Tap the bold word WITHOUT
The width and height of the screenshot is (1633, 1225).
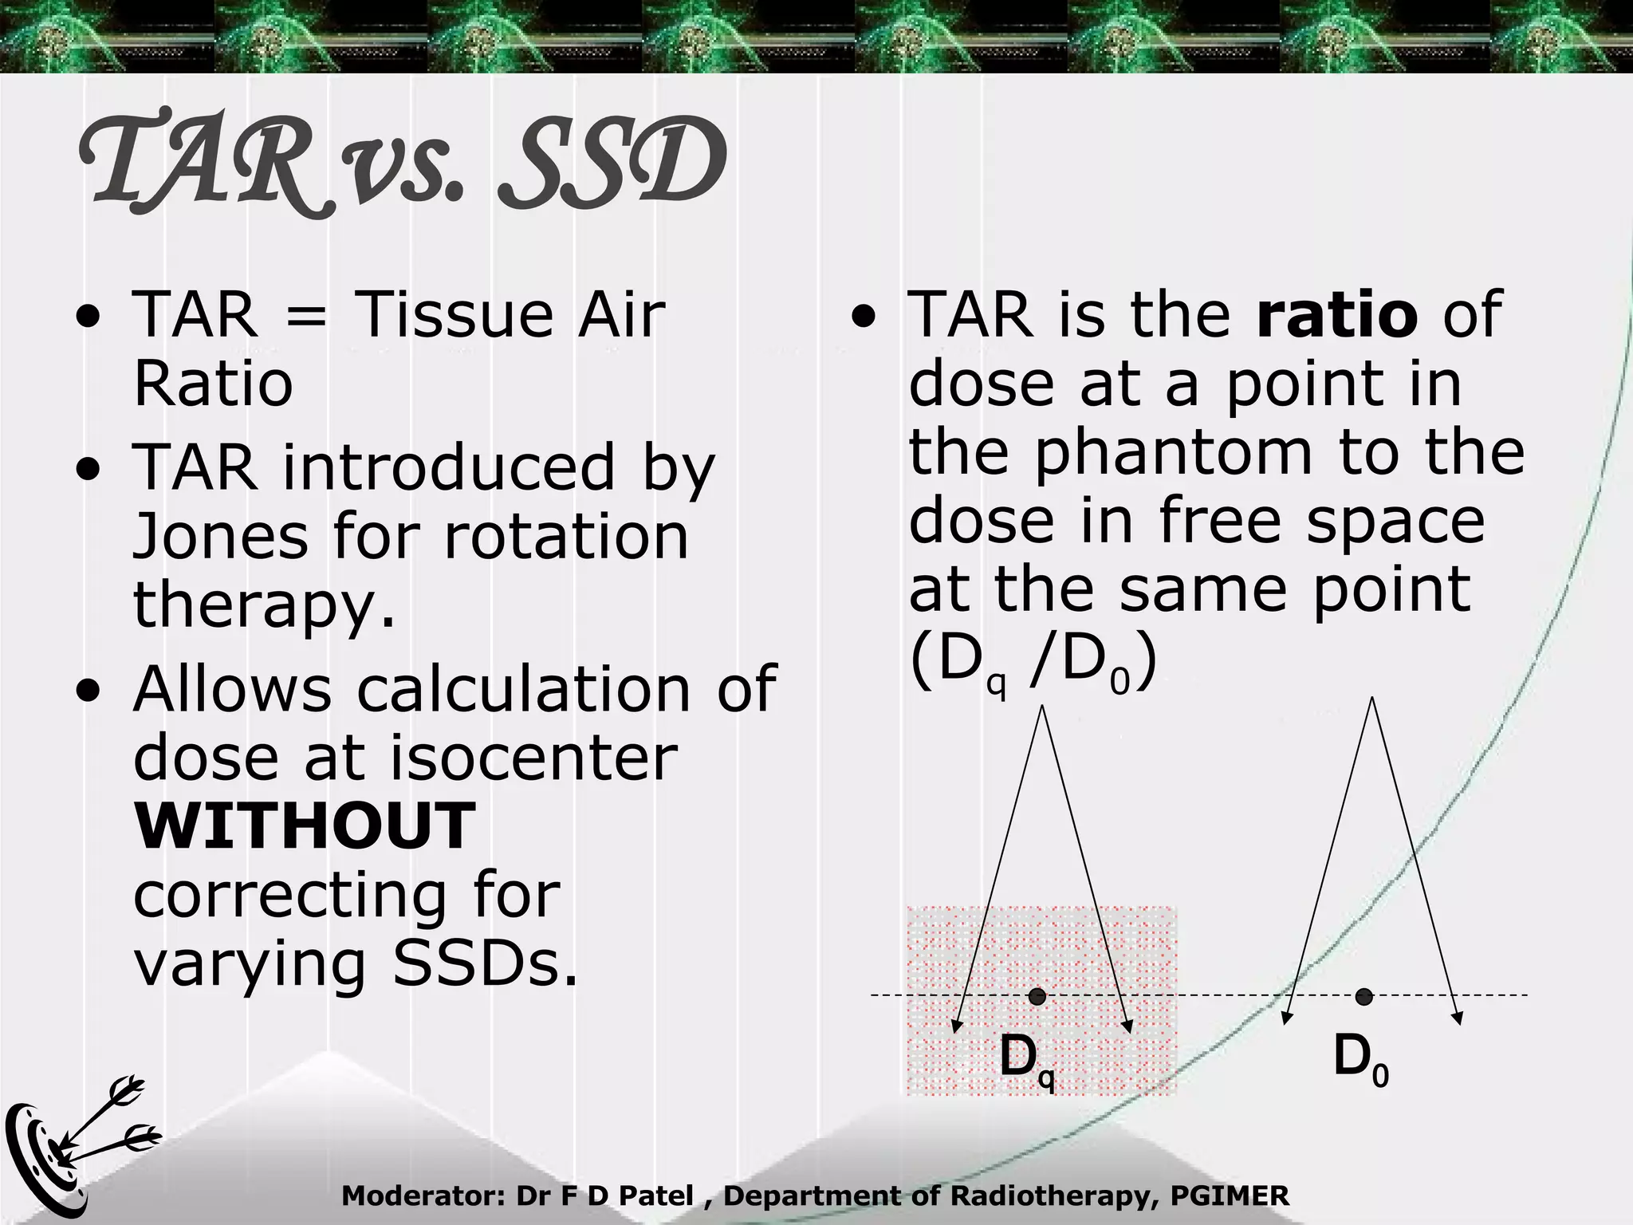tap(305, 826)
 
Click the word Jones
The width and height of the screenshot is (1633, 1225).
tap(220, 536)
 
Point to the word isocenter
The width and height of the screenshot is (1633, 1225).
tap(532, 757)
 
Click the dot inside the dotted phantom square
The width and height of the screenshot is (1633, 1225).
tap(1037, 996)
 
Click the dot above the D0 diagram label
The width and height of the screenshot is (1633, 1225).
tap(1363, 996)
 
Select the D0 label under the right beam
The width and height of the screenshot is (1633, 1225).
tap(1360, 1059)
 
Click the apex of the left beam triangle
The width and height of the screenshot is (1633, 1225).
tap(1042, 707)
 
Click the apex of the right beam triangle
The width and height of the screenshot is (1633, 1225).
tap(1371, 699)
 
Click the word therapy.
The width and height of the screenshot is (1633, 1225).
tap(264, 605)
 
